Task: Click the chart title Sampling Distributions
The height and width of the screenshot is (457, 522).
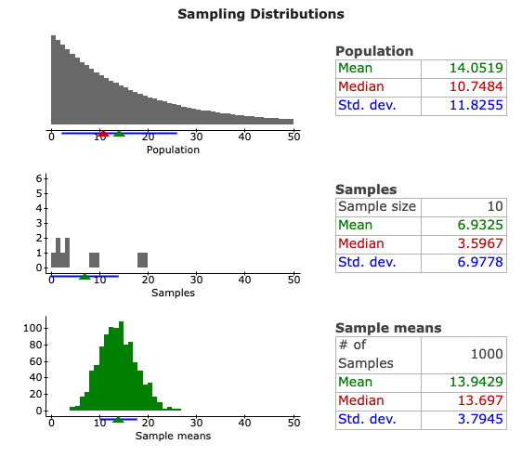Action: (260, 14)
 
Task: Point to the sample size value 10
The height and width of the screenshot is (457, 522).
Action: (493, 206)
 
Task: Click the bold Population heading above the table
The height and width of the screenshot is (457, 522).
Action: (374, 51)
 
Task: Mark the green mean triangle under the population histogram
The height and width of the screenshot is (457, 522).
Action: (119, 134)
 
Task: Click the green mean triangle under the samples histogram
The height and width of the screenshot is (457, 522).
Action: (85, 276)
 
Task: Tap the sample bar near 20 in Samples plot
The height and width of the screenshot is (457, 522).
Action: (143, 259)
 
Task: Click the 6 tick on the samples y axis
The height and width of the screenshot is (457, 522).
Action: (39, 178)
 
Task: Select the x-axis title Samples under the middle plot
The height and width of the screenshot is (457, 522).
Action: (173, 293)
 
